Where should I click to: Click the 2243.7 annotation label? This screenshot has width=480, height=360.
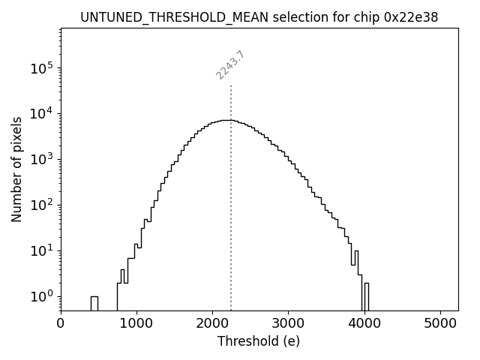[230, 64]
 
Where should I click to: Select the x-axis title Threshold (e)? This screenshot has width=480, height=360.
[259, 341]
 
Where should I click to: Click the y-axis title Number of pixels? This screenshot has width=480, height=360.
[16, 169]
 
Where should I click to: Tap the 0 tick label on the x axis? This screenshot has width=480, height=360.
[61, 323]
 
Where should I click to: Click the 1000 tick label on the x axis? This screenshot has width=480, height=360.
[136, 323]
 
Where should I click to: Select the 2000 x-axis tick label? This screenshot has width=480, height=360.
[212, 323]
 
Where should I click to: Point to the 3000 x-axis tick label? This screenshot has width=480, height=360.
[288, 323]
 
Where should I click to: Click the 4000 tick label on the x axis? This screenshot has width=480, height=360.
[364, 323]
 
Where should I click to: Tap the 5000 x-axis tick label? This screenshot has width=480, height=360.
[440, 323]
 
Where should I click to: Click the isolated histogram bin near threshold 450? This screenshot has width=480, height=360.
[94, 303]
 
